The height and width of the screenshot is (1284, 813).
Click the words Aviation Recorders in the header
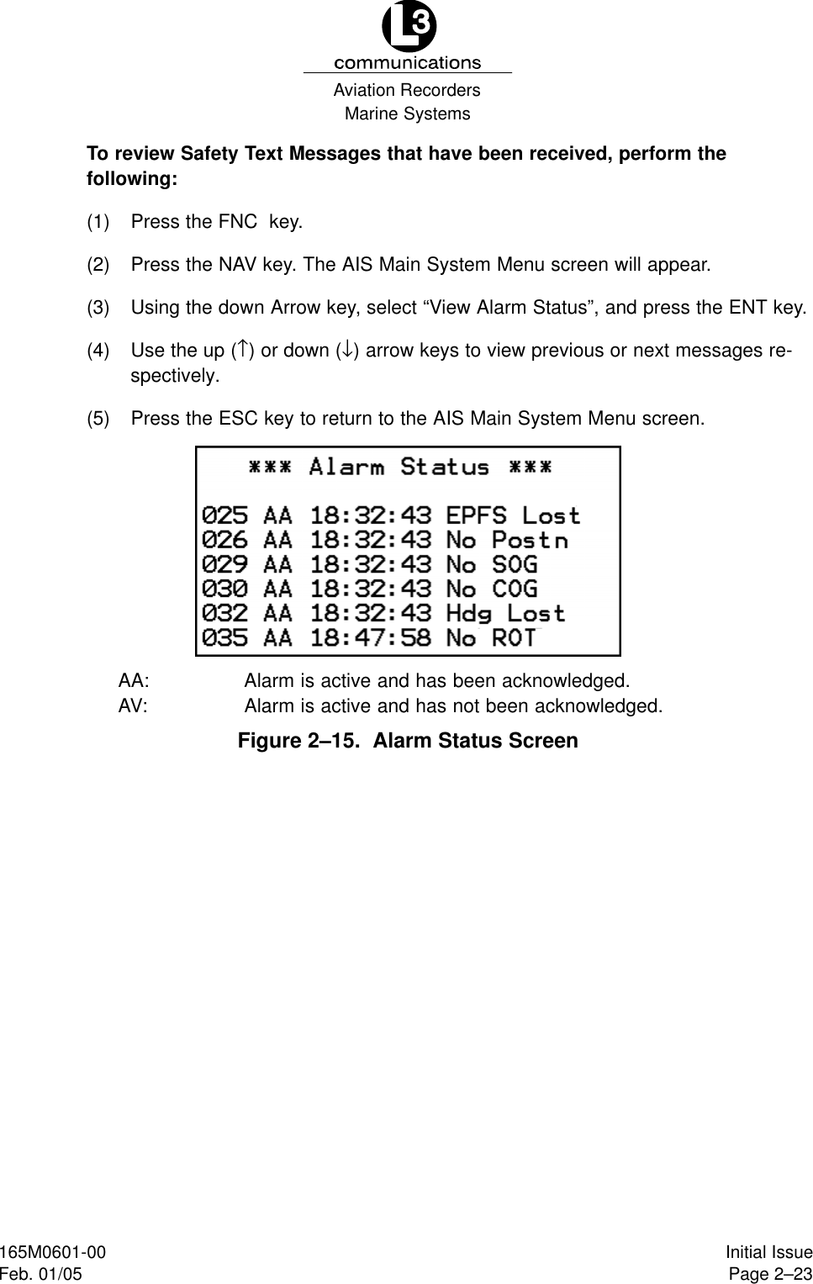pyautogui.click(x=407, y=90)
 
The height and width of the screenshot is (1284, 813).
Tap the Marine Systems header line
pyautogui.click(x=408, y=114)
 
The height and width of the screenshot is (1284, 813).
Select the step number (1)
pyautogui.click(x=98, y=222)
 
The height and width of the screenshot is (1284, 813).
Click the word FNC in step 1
pyautogui.click(x=237, y=222)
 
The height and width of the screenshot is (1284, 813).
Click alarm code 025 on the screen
pyautogui.click(x=224, y=515)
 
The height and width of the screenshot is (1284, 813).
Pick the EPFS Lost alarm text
pyautogui.click(x=513, y=515)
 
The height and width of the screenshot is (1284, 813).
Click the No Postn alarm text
pyautogui.click(x=507, y=540)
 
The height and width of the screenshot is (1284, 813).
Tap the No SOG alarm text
pyautogui.click(x=492, y=564)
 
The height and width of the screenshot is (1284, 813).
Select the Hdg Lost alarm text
pyautogui.click(x=505, y=614)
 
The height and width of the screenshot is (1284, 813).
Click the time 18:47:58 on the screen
pyautogui.click(x=371, y=638)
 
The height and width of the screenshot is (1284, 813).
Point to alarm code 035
pyautogui.click(x=224, y=638)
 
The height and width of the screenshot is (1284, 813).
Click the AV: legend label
pyautogui.click(x=133, y=705)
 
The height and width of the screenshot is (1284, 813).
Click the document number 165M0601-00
pyautogui.click(x=53, y=1253)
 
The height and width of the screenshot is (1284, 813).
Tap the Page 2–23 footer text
pyautogui.click(x=769, y=1274)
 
